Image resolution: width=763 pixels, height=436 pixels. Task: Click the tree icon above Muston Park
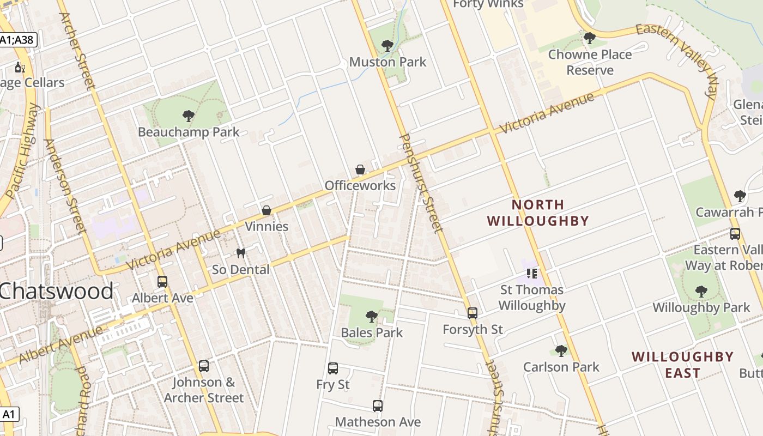pyautogui.click(x=387, y=46)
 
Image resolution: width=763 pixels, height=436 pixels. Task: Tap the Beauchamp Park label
pyautogui.click(x=189, y=132)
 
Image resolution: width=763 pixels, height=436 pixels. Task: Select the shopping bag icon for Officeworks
pyautogui.click(x=360, y=169)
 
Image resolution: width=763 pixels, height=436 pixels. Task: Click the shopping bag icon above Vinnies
pyautogui.click(x=267, y=210)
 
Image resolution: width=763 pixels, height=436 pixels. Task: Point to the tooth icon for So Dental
pyautogui.click(x=240, y=253)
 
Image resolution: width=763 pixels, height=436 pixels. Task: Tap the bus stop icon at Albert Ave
pyautogui.click(x=162, y=282)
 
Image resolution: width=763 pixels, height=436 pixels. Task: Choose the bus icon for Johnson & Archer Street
pyautogui.click(x=204, y=366)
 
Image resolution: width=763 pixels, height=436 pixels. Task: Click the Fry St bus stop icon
pyautogui.click(x=333, y=368)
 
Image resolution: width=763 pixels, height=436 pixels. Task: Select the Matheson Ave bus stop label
pyautogui.click(x=378, y=422)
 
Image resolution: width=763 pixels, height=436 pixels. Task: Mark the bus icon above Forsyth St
pyautogui.click(x=473, y=313)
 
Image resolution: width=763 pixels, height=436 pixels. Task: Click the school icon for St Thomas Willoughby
pyautogui.click(x=532, y=274)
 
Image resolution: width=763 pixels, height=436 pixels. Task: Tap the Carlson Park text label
pyautogui.click(x=561, y=367)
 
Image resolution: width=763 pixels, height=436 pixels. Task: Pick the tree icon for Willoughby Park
pyautogui.click(x=701, y=292)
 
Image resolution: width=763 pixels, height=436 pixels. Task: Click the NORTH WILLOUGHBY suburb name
pyautogui.click(x=538, y=213)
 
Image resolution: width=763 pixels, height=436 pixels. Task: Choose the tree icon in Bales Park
pyautogui.click(x=372, y=317)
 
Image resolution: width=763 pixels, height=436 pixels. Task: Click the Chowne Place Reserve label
pyautogui.click(x=590, y=62)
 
